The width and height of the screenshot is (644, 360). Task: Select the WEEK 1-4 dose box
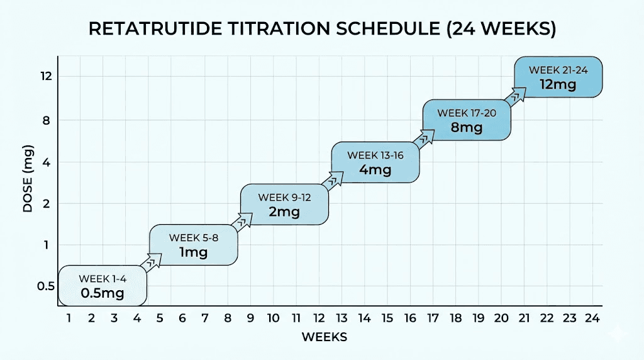(103, 286)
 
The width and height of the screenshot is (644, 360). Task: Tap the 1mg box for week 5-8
(193, 245)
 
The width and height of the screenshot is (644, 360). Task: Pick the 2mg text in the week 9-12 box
(284, 211)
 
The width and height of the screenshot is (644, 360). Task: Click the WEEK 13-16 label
(375, 155)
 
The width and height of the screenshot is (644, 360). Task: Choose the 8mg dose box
(466, 120)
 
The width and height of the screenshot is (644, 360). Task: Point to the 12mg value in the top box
(558, 84)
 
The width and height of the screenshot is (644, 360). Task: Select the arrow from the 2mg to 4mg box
(333, 179)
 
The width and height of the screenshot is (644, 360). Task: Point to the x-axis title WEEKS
(324, 337)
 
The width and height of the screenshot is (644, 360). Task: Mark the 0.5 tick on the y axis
(46, 286)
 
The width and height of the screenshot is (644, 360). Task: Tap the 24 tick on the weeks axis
(591, 318)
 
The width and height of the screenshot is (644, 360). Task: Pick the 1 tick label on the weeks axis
(69, 318)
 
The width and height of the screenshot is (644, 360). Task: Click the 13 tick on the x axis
(341, 318)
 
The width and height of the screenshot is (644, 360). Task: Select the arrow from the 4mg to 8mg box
(424, 137)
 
